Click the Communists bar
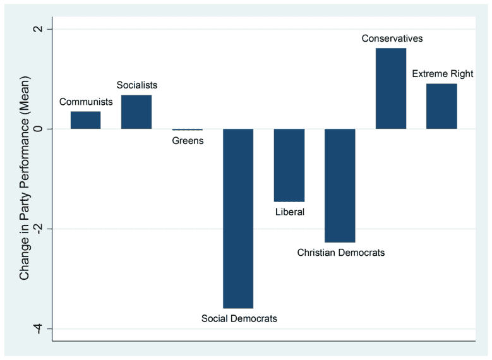click(x=85, y=120)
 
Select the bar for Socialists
click(x=136, y=112)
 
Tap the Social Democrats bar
click(x=238, y=218)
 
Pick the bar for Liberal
click(x=289, y=165)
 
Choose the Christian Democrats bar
click(x=340, y=185)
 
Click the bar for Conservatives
click(x=391, y=88)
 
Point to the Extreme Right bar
click(x=441, y=106)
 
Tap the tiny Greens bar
click(x=188, y=129)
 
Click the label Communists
click(x=86, y=102)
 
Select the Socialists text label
click(x=137, y=85)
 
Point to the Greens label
click(x=188, y=140)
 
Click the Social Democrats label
click(x=239, y=318)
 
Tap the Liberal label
click(x=290, y=212)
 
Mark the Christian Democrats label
click(x=341, y=253)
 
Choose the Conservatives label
click(x=392, y=39)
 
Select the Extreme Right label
click(x=443, y=74)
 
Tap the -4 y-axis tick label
click(x=40, y=328)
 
